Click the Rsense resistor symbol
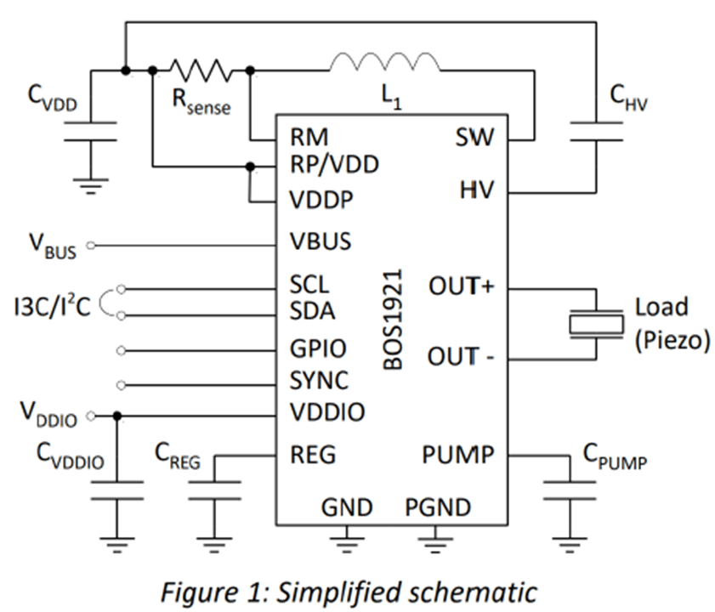(x=201, y=70)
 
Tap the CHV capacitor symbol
(x=607, y=131)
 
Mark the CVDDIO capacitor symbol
(x=116, y=490)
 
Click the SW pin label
(x=474, y=138)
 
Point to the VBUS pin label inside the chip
(x=320, y=241)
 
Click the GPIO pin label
(x=318, y=348)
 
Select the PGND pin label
(x=438, y=507)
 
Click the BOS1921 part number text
(x=393, y=320)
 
